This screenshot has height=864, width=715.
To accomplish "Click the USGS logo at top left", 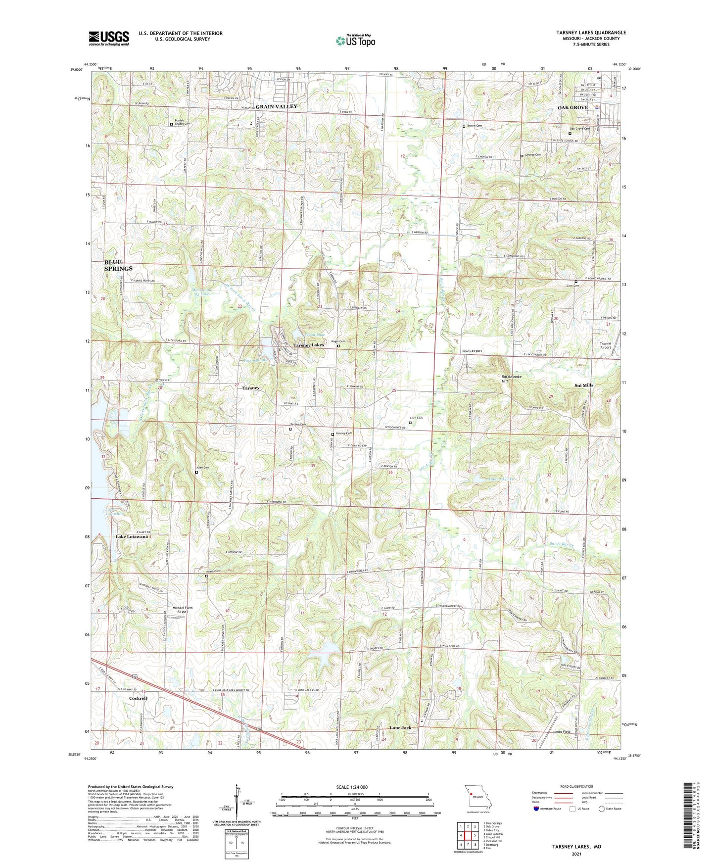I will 109,38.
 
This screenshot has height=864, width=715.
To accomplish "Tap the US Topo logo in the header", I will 355,41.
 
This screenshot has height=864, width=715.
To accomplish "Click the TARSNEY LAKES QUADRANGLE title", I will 591,33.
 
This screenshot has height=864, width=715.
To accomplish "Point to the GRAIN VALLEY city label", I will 276,106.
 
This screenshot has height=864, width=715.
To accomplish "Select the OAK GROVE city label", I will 572,107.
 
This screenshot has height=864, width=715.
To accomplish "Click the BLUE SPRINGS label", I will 118,265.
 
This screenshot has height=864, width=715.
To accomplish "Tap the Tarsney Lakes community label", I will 308,345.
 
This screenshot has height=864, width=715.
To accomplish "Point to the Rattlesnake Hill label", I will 511,379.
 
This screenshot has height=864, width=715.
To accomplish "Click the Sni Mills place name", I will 584,385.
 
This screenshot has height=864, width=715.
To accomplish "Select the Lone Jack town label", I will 400,728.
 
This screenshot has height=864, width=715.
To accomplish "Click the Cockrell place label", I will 138,698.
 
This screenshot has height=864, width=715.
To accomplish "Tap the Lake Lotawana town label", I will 132,536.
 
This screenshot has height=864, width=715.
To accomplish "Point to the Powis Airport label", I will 472,351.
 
